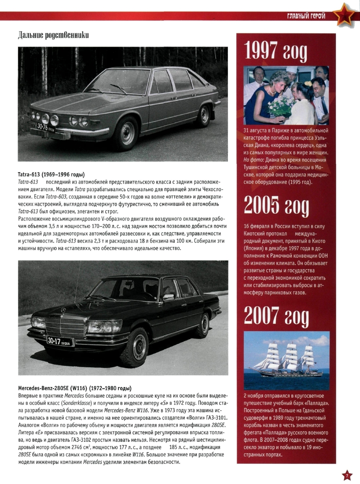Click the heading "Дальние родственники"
pos(53,35)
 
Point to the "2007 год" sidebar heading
pos(276,315)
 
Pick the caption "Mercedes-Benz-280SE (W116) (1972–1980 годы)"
pos(75,388)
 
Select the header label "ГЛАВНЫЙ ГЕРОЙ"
pos(306,16)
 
